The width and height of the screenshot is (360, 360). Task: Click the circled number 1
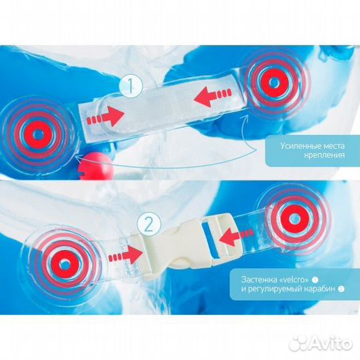(x=131, y=85)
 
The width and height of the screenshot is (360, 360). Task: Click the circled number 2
(x=149, y=224)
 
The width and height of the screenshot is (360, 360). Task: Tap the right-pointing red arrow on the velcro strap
(x=105, y=117)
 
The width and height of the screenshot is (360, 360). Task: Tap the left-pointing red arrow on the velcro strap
(x=213, y=97)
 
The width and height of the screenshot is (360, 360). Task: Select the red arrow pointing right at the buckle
(x=126, y=255)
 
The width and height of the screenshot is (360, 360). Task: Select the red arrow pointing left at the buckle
(x=237, y=237)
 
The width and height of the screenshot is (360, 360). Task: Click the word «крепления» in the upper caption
(x=325, y=155)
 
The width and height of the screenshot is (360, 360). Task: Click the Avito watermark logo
(x=320, y=345)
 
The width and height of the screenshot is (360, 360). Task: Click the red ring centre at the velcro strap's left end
(x=37, y=134)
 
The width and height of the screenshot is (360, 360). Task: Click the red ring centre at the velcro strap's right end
(x=273, y=81)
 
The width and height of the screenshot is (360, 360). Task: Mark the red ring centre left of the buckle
(x=65, y=263)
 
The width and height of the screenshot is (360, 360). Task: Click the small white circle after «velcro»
(x=315, y=280)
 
